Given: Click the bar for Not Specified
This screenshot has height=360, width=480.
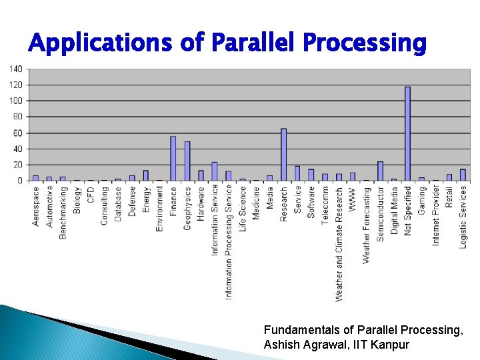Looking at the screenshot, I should [x=407, y=133].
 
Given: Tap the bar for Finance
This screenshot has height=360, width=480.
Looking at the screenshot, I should [x=173, y=159].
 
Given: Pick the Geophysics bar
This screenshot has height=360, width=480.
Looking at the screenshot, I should [x=187, y=161].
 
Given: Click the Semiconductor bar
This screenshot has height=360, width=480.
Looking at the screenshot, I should [x=380, y=171].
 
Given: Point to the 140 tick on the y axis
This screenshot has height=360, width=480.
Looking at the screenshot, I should [x=16, y=69].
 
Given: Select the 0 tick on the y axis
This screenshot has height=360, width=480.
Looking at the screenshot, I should [x=20, y=181].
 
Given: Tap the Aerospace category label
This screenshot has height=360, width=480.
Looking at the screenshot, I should [x=36, y=206].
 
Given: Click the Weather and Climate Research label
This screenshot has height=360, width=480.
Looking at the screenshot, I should [x=339, y=243].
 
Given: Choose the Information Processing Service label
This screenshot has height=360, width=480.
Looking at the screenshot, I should [x=229, y=241].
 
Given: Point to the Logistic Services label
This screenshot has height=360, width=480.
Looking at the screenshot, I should [x=463, y=217].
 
